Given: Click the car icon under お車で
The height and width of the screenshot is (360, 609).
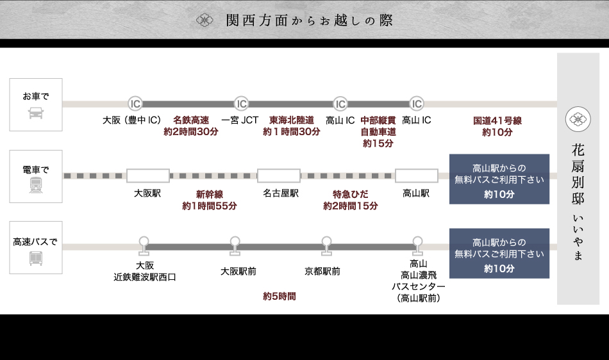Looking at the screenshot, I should (x=36, y=113).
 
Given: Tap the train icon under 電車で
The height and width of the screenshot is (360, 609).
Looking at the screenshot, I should (x=36, y=185).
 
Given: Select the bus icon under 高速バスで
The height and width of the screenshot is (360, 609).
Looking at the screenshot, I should (x=36, y=258).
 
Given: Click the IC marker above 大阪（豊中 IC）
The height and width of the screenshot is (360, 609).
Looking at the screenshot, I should (x=135, y=104).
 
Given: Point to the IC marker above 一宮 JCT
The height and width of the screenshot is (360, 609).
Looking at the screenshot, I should (x=241, y=104).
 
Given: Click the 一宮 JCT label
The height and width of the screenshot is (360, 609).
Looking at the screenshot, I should (x=240, y=120).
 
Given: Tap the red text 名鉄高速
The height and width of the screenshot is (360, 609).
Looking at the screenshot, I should (x=191, y=120).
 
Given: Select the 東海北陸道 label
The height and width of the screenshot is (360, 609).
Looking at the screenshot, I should (x=291, y=120).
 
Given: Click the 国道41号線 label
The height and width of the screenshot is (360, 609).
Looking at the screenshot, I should (x=497, y=120).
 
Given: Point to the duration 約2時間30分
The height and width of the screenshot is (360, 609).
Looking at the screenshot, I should (x=191, y=132).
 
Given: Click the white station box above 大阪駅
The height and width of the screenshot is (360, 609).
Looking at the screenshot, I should (x=148, y=176).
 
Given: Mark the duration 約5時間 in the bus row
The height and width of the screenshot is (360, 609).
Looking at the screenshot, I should (x=279, y=297).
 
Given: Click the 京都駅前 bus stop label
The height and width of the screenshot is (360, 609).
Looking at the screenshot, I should (x=322, y=272).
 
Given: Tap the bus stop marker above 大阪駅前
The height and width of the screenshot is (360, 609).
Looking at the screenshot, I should (x=235, y=243).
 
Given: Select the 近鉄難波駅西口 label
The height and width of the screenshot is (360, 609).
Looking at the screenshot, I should (x=145, y=277).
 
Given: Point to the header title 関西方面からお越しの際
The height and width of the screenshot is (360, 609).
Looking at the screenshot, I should (x=310, y=20).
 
